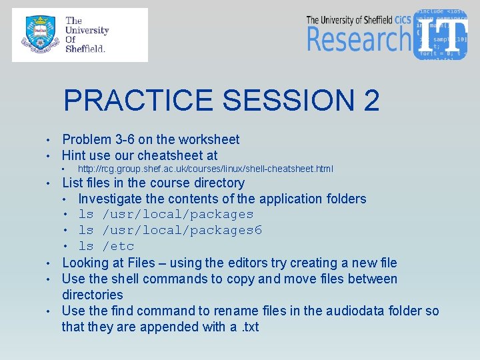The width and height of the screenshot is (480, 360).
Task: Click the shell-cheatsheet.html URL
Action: click(x=205, y=169)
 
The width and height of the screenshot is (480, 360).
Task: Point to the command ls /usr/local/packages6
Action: click(x=170, y=231)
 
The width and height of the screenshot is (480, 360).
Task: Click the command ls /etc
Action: click(x=106, y=247)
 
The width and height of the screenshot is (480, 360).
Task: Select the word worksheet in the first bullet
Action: click(x=206, y=139)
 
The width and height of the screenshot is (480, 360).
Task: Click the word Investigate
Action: click(x=110, y=199)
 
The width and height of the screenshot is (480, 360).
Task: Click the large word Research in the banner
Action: click(x=358, y=39)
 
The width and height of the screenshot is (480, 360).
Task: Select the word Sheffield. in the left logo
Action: click(x=85, y=49)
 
